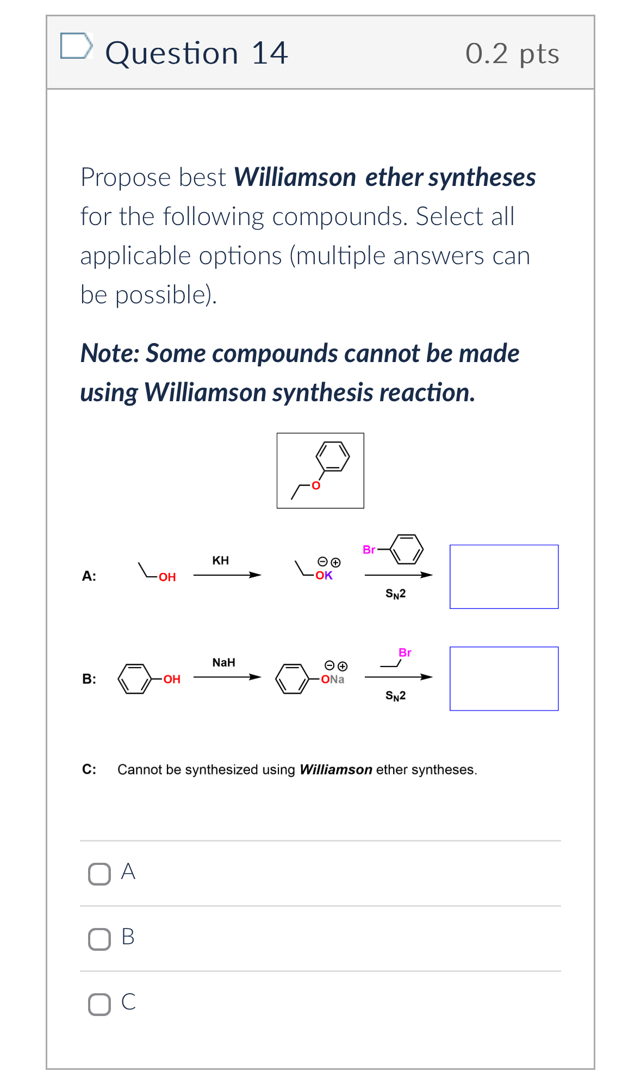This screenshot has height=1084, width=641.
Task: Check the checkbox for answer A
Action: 99,874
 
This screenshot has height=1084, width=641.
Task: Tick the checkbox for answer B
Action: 99,939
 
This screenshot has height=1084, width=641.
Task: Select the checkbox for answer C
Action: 99,1005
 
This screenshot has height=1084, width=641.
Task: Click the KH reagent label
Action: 220,560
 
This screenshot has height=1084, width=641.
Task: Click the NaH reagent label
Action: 223,663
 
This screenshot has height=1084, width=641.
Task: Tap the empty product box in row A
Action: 504,577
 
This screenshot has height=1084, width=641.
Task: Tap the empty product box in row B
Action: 504,678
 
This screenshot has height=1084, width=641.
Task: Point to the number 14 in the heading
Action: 269,53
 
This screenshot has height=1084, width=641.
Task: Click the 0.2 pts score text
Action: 512,54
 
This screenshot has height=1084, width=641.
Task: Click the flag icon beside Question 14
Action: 76,46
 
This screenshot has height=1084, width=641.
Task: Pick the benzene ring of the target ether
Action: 332,456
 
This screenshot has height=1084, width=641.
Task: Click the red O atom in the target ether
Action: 316,485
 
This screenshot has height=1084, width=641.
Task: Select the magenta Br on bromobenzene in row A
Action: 369,550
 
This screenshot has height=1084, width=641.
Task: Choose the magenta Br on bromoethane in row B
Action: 405,652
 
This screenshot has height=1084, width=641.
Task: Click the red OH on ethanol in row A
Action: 167,577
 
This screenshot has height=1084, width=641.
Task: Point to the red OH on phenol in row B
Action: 172,679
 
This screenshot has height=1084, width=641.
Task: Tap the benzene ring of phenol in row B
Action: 134,678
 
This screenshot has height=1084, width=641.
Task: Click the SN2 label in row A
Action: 395,594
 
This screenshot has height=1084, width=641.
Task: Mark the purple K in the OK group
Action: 328,575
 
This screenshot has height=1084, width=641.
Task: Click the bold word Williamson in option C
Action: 335,770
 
